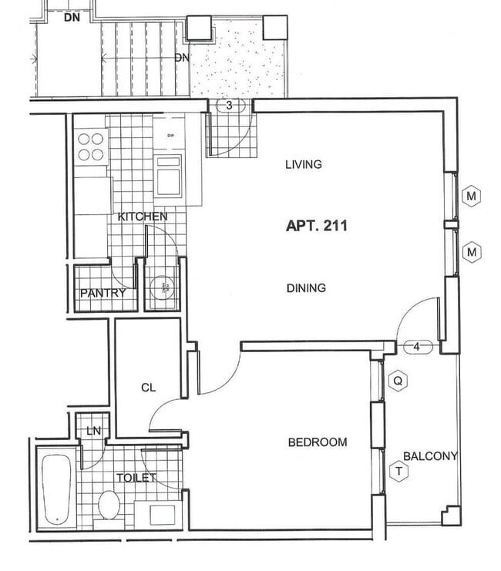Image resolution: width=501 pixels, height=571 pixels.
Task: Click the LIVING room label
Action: click(303, 164)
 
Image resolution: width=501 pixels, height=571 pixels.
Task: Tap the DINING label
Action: click(305, 288)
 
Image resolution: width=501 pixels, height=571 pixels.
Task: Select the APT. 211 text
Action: click(316, 227)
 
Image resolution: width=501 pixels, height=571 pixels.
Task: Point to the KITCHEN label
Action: click(142, 217)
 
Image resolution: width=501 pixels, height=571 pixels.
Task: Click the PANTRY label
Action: click(103, 294)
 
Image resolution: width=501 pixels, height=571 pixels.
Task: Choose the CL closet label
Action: click(148, 388)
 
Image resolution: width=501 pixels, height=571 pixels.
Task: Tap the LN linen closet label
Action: click(93, 430)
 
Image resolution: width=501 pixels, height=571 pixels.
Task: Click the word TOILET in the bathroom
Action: click(136, 478)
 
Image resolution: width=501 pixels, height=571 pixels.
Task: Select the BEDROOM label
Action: click(317, 442)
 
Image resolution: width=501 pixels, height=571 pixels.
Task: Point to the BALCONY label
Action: click(430, 456)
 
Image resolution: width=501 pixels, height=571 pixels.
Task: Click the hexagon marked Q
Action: click(398, 381)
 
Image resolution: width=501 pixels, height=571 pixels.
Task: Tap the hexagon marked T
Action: click(398, 472)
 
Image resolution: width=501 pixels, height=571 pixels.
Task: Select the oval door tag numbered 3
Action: click(229, 106)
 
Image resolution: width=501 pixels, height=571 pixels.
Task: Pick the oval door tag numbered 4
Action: click(416, 347)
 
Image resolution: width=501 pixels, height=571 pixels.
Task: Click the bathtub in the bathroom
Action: click(56, 489)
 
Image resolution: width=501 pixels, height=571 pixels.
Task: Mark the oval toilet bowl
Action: click(109, 506)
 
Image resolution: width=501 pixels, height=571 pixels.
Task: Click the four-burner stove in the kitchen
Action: click(91, 146)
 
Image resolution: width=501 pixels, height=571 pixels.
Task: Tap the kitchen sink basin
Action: click(168, 176)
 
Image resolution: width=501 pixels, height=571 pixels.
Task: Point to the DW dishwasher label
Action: click(168, 136)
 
